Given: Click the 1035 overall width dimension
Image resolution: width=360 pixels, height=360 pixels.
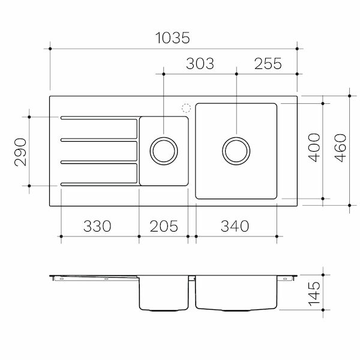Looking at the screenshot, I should [173, 38].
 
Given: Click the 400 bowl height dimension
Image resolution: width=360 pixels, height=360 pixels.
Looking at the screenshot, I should [313, 151].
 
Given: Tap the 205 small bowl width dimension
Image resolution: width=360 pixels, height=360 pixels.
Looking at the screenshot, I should [163, 226].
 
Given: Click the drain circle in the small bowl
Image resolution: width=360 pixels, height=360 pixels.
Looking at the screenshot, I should [163, 151].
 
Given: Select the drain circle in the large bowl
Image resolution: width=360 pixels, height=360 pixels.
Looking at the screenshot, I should [236, 151].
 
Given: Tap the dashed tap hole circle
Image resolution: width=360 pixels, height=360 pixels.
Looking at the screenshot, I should [185, 109].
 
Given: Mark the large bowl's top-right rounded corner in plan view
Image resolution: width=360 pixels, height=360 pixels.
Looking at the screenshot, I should [274, 107].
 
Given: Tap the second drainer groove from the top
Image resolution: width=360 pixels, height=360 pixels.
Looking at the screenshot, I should [99, 140].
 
